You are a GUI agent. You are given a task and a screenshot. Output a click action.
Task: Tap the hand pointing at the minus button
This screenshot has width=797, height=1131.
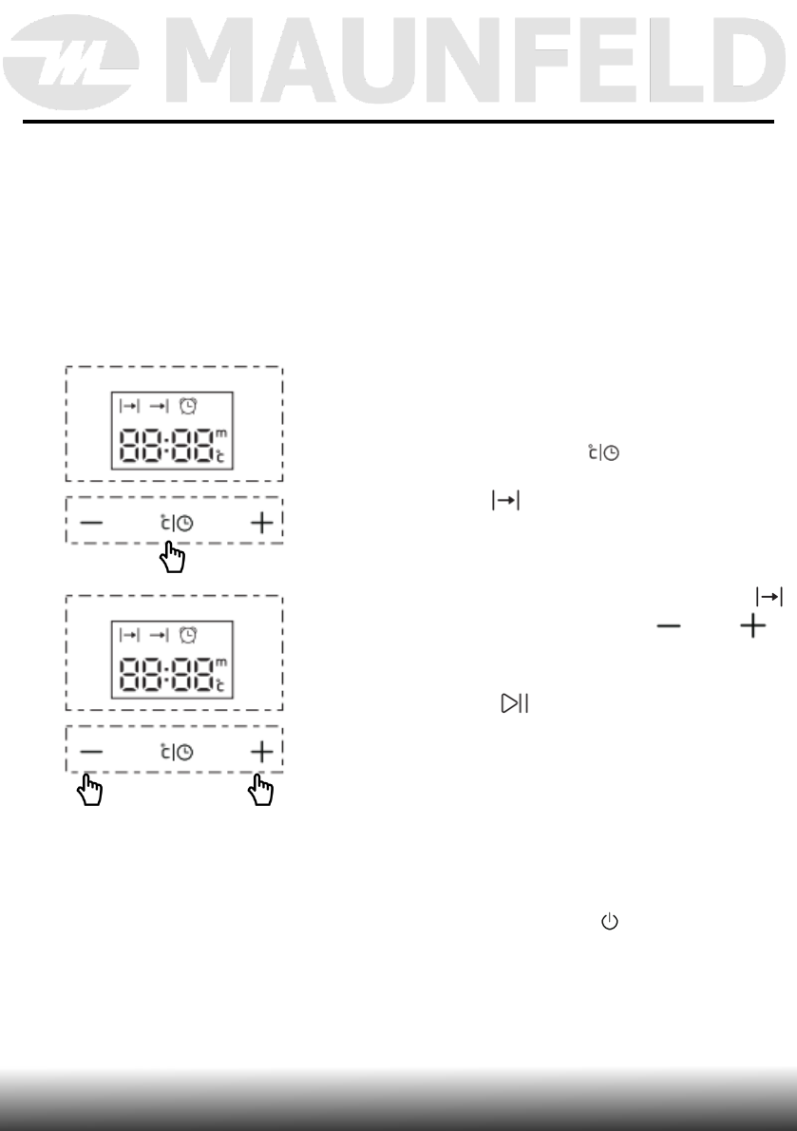coord(92,790)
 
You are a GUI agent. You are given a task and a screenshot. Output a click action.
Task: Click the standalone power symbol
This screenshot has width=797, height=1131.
coord(609,922)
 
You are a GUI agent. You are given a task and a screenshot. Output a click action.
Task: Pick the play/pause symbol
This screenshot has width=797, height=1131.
coord(515,704)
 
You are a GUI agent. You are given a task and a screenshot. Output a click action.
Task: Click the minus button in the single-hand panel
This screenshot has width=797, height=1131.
coord(91,522)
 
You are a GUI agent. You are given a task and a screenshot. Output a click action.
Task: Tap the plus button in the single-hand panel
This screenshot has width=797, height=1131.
coord(261,522)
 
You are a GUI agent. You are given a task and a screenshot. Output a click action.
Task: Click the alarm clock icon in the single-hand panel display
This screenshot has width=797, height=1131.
coord(188,406)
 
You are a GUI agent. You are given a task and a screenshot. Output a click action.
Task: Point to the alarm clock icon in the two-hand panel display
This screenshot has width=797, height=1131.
coord(188,635)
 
